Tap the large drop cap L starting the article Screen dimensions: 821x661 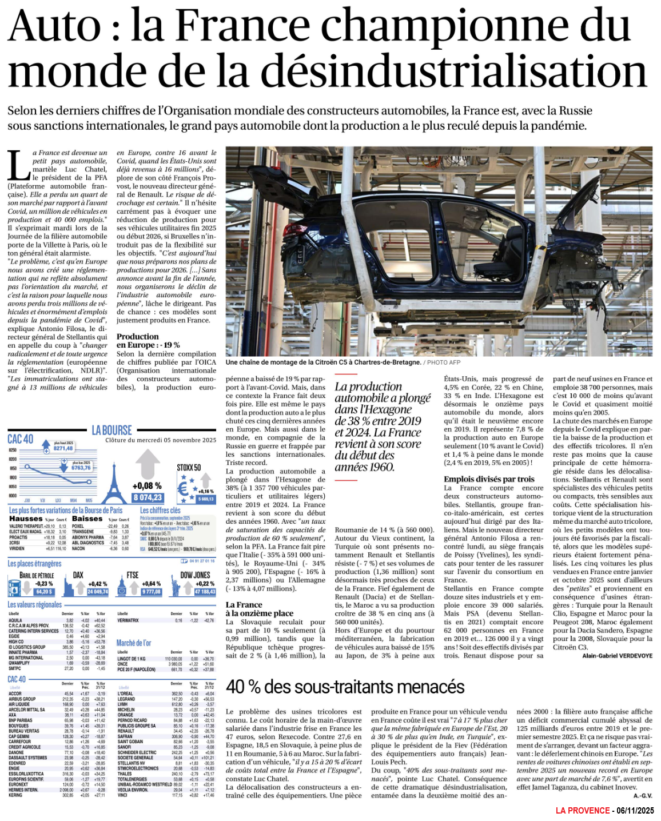click(19, 166)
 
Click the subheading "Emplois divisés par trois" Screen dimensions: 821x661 click(489, 479)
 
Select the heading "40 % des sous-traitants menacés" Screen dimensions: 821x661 click(345, 686)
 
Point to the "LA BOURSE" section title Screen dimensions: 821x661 click(112, 430)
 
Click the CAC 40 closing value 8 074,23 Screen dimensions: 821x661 click(148, 497)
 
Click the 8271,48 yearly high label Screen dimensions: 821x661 click(63, 448)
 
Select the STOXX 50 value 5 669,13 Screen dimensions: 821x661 click(206, 499)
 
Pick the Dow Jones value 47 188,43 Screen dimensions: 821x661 click(205, 592)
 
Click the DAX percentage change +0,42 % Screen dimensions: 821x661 click(98, 584)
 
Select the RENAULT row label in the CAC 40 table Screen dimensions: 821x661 click(126, 731)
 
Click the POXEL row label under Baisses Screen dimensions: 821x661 click(78, 526)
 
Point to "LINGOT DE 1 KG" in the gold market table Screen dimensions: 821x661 click(131, 659)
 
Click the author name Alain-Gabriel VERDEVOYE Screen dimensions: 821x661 click(617, 656)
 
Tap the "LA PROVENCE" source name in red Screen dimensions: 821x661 click(582, 811)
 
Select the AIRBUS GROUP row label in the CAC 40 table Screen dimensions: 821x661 click(22, 699)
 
